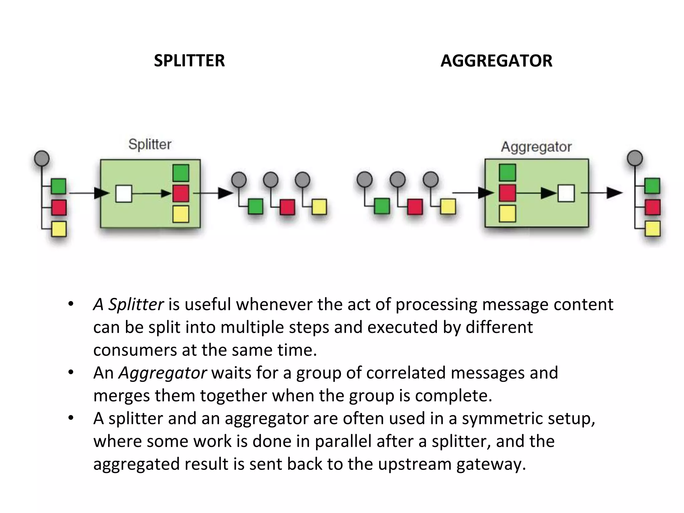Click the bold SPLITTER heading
(x=189, y=61)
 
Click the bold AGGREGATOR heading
(x=496, y=61)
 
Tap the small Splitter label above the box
(x=150, y=144)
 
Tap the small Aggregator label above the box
(x=536, y=147)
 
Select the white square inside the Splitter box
(x=124, y=194)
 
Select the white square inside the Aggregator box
(x=566, y=193)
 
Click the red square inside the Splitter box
(x=181, y=194)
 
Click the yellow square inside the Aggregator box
(x=507, y=214)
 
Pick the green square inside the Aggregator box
(x=507, y=173)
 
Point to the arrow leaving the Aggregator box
(x=602, y=193)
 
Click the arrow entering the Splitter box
(x=89, y=193)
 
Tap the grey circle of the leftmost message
(x=42, y=158)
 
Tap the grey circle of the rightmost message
(x=635, y=158)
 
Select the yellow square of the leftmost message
(x=59, y=229)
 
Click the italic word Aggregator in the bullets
(x=163, y=373)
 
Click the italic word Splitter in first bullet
(x=136, y=304)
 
